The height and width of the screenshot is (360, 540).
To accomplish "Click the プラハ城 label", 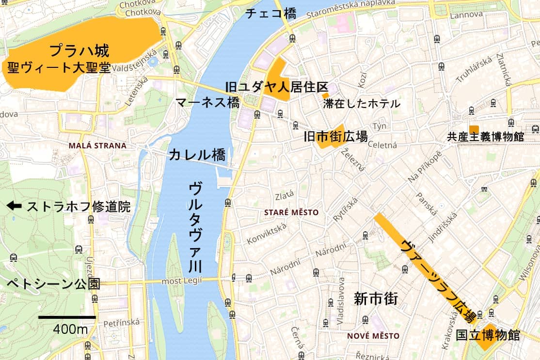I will pos(79,50).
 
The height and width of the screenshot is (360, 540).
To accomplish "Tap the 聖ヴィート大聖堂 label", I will pos(59,67).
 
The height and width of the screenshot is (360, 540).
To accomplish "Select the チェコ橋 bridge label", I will pos(271,14).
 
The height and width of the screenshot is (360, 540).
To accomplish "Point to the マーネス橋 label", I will pos(207,102).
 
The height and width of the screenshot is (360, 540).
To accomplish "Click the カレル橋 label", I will pos(197,155).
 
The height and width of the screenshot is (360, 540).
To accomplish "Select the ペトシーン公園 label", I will pos(53,284).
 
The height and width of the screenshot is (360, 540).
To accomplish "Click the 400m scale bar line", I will pos(67,317).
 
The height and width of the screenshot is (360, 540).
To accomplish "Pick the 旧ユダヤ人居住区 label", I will pos(277,87).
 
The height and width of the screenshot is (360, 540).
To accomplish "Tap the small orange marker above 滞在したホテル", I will pos(325,95).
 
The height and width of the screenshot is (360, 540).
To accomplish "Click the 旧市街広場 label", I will pos(335,137).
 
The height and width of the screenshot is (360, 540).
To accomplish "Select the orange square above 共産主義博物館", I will pos(474,129).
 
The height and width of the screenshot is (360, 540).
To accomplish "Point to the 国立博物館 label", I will pos(488,335).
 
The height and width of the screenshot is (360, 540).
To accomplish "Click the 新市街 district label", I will pos(376,298).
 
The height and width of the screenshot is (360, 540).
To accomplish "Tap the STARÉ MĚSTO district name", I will pos(291,212).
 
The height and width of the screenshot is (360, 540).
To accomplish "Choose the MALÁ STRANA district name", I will pos(97,145).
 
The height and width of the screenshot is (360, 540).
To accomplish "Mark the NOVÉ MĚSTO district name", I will pos(374,336).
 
